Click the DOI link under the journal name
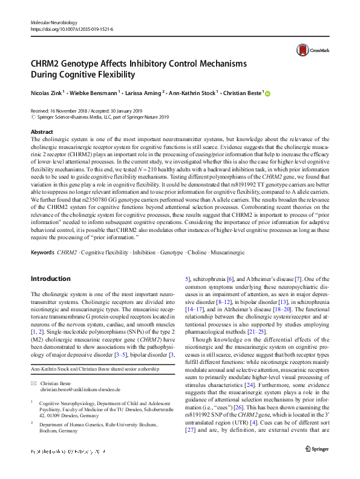71,28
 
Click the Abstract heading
42,131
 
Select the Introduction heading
51,279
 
